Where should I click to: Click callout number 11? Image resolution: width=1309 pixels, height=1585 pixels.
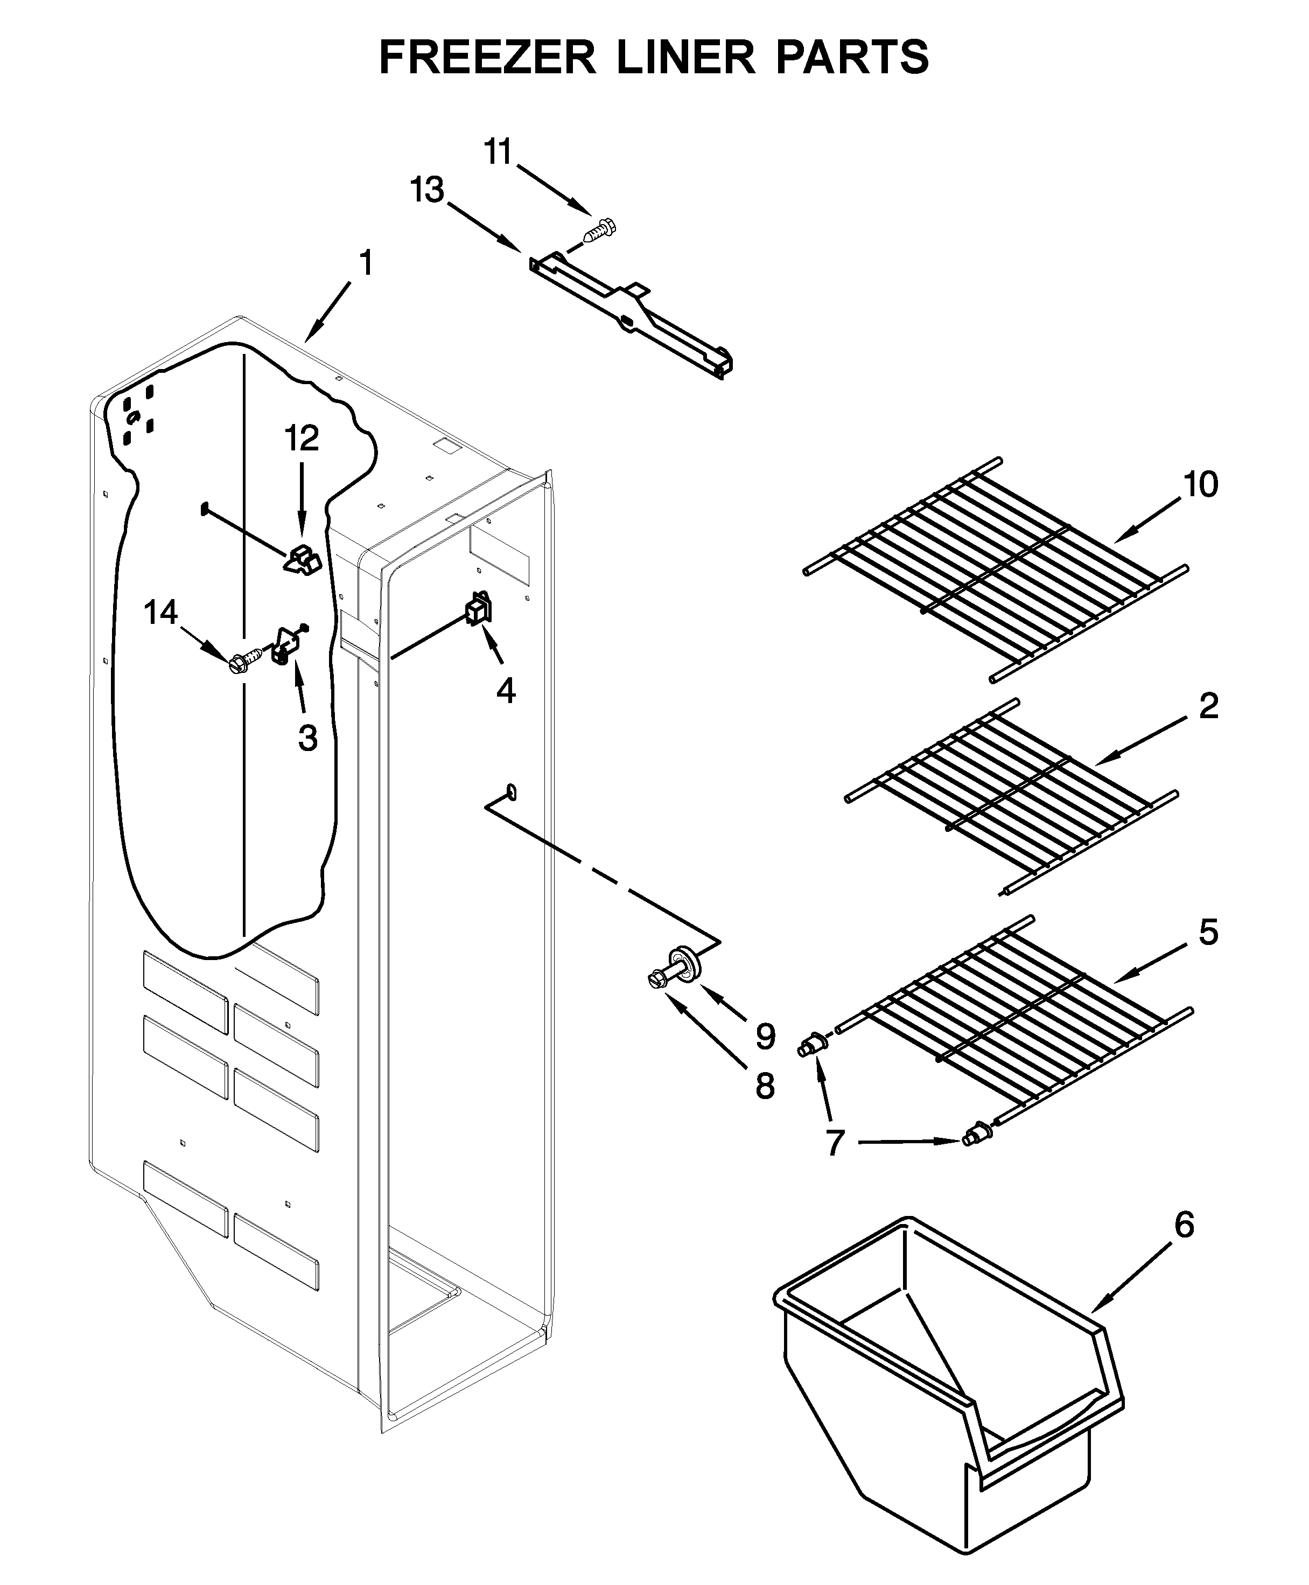coord(498,152)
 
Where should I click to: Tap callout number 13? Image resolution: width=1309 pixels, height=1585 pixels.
coord(427,190)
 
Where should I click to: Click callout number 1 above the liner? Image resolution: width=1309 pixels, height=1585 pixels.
coord(366,264)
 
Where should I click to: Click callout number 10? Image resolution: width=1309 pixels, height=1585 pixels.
coord(1200,485)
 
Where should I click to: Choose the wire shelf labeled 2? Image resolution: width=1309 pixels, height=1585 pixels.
coord(1010,796)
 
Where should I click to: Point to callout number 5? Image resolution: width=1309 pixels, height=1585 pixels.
coord(1208,933)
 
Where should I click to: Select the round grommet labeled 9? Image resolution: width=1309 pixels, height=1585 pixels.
coord(689,967)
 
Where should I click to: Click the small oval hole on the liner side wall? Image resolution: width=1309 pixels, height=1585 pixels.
coord(512,790)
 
